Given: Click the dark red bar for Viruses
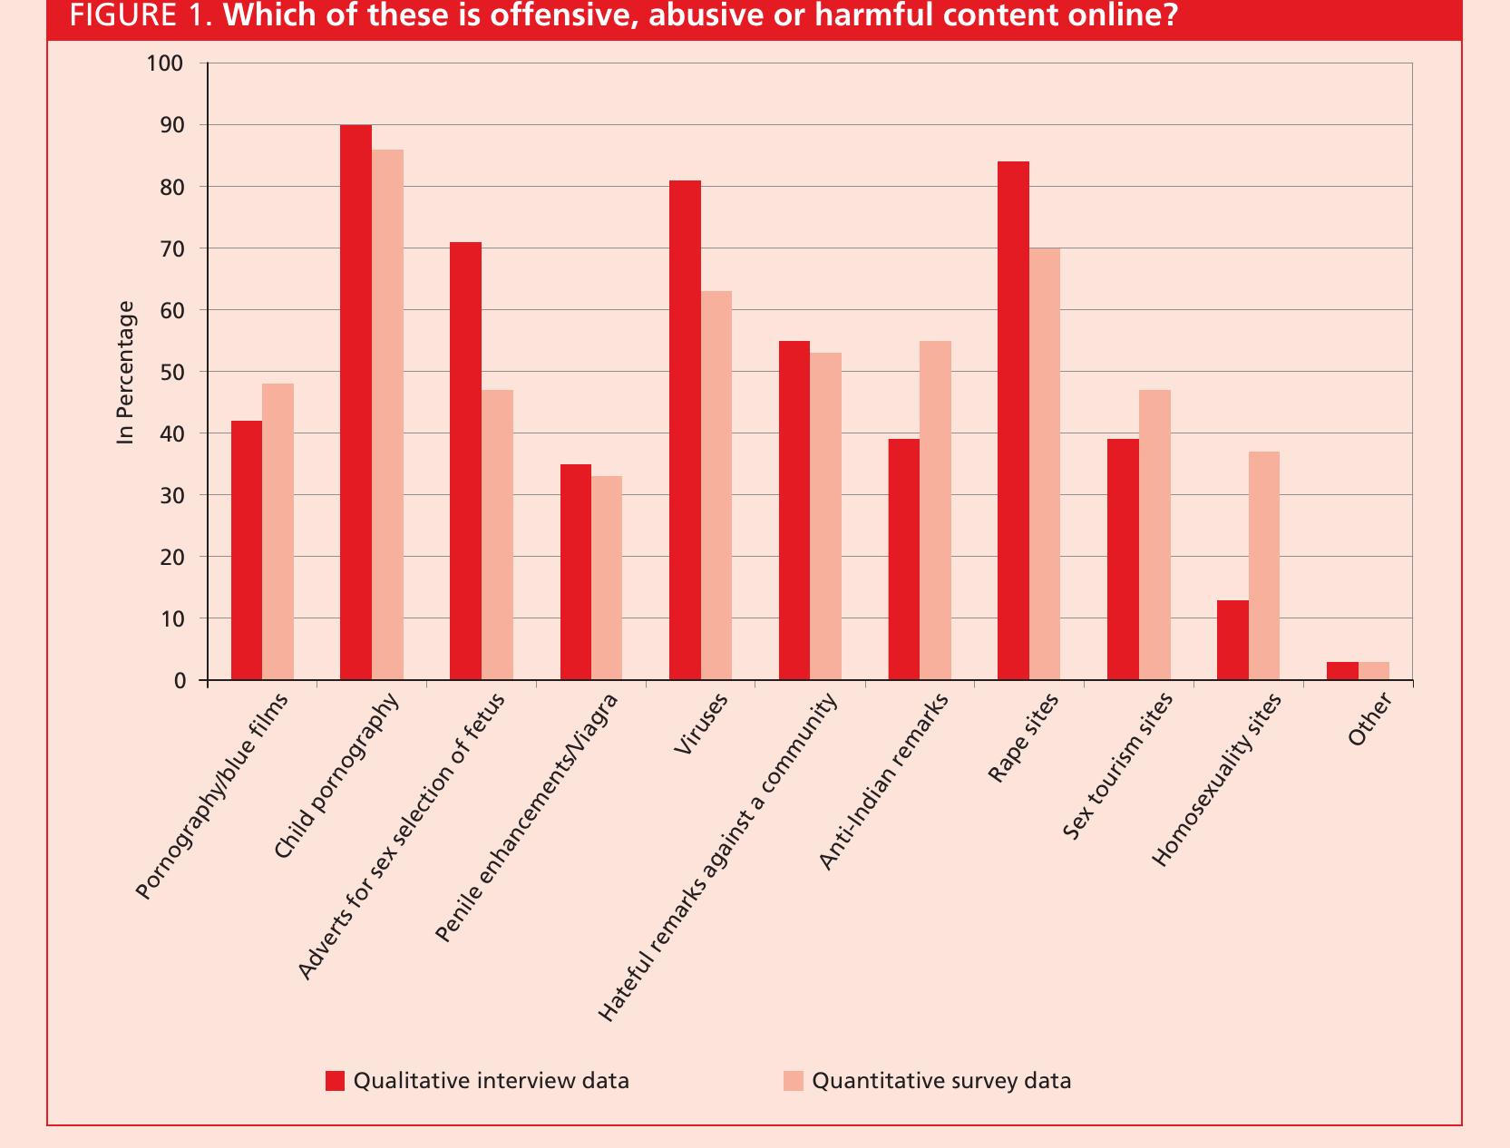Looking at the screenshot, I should (x=685, y=431).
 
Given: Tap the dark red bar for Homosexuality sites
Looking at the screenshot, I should (x=1232, y=640).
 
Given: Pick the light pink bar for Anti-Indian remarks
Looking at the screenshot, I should (x=935, y=511).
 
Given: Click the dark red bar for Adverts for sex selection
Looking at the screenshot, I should (x=465, y=462).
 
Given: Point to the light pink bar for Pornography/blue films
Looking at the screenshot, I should (x=278, y=532).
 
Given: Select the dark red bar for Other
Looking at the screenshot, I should (x=1342, y=671).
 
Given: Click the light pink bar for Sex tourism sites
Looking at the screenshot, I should (x=1154, y=535).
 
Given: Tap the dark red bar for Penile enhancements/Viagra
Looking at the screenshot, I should (x=576, y=572).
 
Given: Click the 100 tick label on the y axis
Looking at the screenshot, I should (x=164, y=63).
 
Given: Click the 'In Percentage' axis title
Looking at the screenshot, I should (x=126, y=373).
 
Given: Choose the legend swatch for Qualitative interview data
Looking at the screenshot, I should (x=336, y=1081).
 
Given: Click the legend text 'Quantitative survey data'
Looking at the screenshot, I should (x=941, y=1081).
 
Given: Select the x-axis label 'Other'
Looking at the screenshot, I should (x=1369, y=720).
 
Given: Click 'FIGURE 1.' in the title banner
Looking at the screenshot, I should (x=141, y=15).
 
